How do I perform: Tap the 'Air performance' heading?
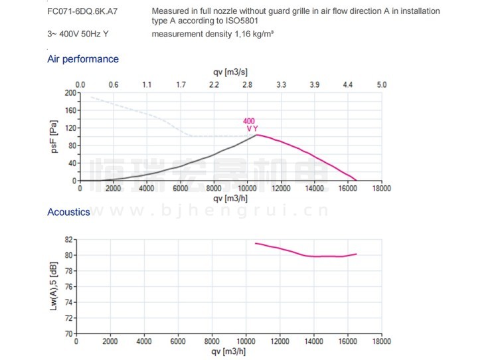coord(83,59)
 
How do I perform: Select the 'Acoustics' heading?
coord(68,212)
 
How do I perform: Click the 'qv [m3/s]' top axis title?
coord(230,72)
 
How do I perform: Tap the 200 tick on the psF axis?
coord(70,93)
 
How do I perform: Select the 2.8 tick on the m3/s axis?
coord(248,85)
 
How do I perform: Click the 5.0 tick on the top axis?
coord(381,85)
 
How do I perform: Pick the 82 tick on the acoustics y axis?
coord(68,239)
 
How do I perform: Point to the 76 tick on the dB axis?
coord(68,286)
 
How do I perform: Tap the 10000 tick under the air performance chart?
coord(247,188)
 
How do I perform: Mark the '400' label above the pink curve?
coord(250,121)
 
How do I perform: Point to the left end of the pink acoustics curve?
coord(256,243)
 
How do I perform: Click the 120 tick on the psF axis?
coord(70,128)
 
